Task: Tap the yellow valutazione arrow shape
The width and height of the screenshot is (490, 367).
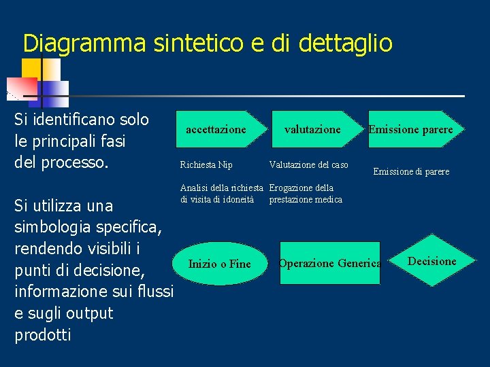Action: (313, 129)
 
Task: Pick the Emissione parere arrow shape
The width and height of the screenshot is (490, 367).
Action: (412, 129)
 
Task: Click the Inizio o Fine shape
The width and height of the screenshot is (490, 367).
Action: (219, 264)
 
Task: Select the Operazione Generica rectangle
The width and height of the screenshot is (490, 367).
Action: (330, 263)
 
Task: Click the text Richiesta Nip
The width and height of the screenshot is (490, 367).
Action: (206, 164)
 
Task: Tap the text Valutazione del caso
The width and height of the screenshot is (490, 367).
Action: (308, 164)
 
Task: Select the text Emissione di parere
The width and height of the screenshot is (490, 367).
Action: (411, 172)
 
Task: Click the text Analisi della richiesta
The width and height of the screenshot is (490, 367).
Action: (221, 188)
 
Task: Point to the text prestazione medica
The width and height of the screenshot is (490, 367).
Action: (306, 199)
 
